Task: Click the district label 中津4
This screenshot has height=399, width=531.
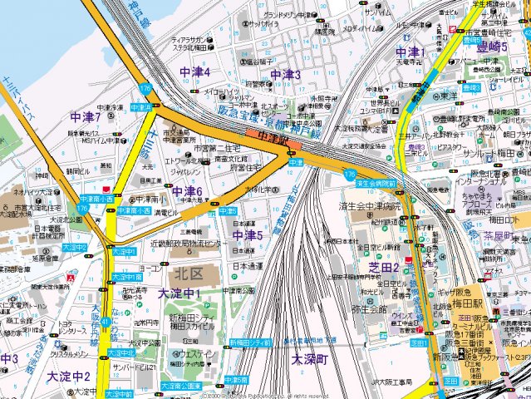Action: (x=194, y=73)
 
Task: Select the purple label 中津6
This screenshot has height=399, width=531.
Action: (x=187, y=192)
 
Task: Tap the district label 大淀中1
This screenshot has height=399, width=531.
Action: (x=179, y=293)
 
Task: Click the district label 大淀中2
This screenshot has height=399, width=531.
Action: (x=68, y=377)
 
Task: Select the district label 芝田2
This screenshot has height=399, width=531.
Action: (x=385, y=267)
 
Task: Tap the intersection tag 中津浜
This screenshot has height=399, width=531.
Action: (x=141, y=107)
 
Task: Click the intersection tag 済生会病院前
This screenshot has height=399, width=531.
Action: (x=374, y=183)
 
